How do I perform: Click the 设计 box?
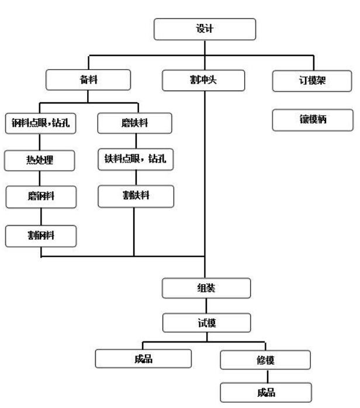pos(205,29)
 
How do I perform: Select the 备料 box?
pos(88,81)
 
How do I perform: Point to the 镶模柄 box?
pos(313,121)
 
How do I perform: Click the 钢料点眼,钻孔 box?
pos(41,123)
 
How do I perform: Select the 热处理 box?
pos(40,161)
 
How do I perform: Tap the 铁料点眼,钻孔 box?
pos(136,160)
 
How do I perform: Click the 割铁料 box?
pos(136,196)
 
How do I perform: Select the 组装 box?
pos(206,287)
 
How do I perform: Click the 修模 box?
pos(265,359)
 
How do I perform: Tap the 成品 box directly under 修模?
pos(266,392)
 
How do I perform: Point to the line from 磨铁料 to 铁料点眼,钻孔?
pos(136,142)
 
